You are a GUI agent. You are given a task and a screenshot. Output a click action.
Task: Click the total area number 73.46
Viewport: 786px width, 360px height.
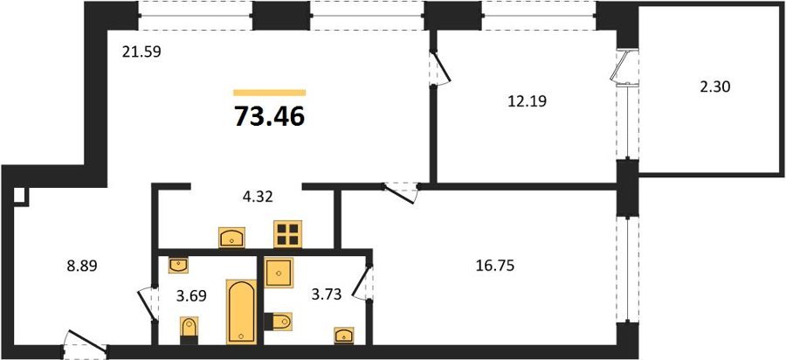[270, 117]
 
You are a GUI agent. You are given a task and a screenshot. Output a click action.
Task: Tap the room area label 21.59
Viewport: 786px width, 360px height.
[141, 52]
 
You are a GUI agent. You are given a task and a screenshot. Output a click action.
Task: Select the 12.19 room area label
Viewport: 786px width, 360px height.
[527, 101]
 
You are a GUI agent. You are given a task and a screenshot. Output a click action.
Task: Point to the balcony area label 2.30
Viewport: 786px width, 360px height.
[715, 87]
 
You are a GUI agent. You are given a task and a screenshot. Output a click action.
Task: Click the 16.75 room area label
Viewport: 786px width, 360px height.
[495, 266]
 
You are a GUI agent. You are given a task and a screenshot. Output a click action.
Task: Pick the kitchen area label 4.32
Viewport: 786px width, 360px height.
[257, 197]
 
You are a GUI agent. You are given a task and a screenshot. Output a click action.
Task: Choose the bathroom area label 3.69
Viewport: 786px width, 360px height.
[191, 296]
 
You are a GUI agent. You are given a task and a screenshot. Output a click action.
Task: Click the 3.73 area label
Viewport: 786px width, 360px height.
[327, 294]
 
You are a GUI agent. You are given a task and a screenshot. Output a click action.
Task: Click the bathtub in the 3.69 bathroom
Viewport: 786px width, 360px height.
[242, 311]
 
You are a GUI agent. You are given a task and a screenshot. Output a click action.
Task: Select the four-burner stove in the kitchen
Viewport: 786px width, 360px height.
[288, 234]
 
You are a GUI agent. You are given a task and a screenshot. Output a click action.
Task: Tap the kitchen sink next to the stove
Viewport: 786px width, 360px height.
[231, 238]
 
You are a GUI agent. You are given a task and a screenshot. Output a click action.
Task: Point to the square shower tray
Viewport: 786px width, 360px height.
[279, 273]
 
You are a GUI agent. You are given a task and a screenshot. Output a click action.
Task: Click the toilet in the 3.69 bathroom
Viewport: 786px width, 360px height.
[189, 330]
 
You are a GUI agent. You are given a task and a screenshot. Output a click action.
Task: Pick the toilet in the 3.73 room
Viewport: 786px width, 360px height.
[278, 322]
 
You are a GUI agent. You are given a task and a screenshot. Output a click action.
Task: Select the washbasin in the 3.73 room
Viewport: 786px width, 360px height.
[344, 336]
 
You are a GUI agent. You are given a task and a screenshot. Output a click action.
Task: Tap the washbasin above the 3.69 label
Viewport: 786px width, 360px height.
[178, 266]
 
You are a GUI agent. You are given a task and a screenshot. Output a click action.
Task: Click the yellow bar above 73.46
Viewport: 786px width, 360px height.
[270, 93]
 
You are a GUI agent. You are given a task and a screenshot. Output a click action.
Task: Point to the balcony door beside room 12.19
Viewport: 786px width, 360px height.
[624, 66]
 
